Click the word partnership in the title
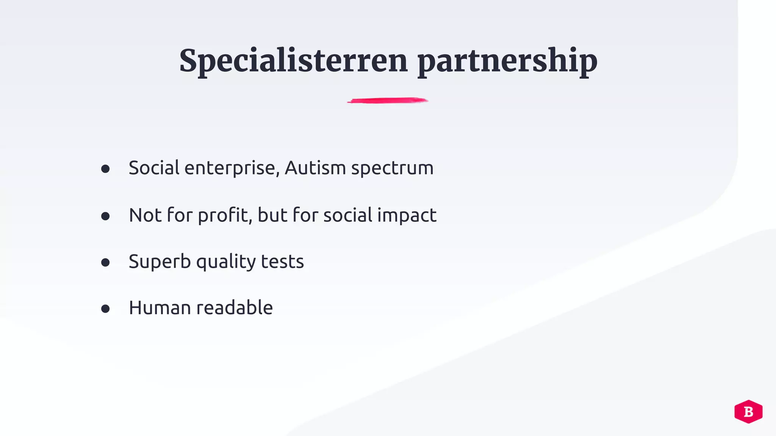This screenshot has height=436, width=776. [507, 61]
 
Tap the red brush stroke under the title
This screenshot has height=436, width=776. [388, 101]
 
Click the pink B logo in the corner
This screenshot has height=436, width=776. [748, 411]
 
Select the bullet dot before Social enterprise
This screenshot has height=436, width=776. [105, 169]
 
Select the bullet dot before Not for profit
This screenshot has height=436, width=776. [105, 216]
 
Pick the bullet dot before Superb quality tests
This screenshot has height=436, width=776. [105, 262]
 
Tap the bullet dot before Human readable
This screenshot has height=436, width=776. [105, 309]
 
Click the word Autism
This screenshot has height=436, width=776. [315, 168]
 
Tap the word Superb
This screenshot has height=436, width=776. [160, 261]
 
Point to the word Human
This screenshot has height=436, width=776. [160, 308]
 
